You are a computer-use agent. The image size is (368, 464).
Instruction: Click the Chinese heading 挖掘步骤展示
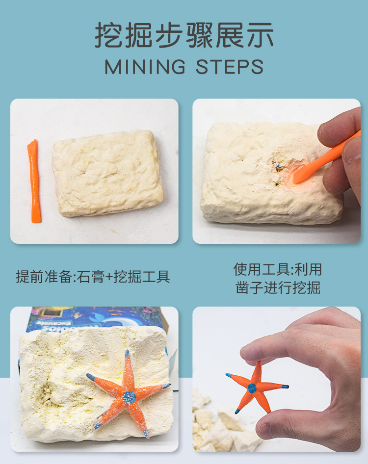184,35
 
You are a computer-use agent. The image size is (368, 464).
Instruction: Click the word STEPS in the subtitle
230,67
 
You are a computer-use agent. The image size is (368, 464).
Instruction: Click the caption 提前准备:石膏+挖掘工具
93,277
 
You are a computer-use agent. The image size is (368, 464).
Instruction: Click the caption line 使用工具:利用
277,269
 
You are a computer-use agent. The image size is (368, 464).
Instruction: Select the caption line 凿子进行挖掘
277,287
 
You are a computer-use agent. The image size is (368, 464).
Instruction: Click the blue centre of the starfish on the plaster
129,396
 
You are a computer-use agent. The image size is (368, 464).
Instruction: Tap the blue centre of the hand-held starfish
252,388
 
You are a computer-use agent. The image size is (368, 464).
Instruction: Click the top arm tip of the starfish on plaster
127,353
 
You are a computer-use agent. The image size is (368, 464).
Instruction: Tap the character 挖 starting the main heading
106,35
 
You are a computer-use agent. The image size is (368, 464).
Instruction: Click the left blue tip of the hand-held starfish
229,375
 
